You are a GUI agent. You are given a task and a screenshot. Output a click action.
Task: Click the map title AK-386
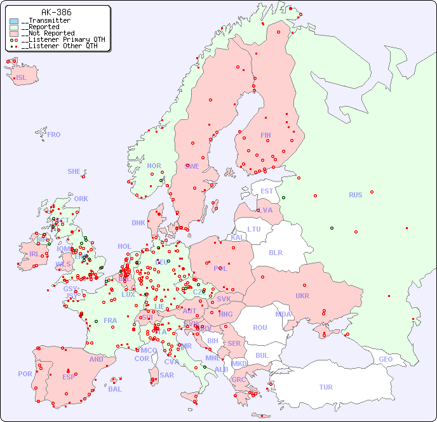point(56,12)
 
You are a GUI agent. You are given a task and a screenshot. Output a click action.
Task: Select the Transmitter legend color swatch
point(14,21)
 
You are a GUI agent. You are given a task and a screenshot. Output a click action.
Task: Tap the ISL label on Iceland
point(22,78)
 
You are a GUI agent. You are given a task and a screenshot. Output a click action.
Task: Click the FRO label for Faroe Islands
point(54,135)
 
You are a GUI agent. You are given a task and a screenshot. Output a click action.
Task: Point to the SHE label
point(74,171)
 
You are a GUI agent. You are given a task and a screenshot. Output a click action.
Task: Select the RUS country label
point(355,195)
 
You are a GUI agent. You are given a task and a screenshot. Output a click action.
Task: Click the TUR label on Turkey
point(326,387)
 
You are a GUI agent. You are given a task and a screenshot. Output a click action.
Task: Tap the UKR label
point(302,296)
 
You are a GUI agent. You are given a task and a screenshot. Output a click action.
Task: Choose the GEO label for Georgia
point(386,359)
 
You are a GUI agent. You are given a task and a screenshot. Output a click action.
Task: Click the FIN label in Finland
point(266,135)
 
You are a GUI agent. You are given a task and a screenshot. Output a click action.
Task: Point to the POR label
point(25,374)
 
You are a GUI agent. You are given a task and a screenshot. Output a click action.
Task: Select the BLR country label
point(276,252)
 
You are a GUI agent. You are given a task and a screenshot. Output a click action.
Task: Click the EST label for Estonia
point(267,191)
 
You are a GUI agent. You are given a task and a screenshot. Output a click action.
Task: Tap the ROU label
point(260,327)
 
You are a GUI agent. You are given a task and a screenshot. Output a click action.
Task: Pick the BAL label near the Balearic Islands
point(115,389)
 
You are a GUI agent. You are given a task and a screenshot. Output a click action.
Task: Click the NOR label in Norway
point(154,166)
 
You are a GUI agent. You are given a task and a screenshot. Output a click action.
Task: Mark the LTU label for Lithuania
point(254,229)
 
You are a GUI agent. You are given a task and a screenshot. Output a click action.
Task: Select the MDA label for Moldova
point(283,314)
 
